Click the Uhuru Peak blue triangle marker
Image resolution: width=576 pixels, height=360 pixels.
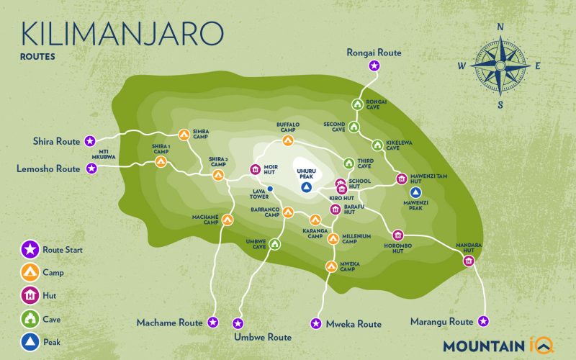tap(306, 187)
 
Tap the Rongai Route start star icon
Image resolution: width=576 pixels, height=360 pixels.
tap(374, 66)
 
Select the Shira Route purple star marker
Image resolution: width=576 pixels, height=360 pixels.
tap(89, 141)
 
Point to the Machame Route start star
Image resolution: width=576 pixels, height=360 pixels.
tap(212, 323)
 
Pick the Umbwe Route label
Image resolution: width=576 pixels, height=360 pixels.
tap(262, 337)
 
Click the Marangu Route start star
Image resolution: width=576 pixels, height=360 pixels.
tap(484, 321)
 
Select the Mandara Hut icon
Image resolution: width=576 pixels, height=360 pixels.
tap(469, 260)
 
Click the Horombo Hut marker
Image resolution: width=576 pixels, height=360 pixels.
tap(397, 235)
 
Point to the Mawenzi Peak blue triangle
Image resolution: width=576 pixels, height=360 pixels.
tap(415, 192)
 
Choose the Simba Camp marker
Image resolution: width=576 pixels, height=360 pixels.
tap(184, 135)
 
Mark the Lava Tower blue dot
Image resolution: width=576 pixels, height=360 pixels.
tap(270, 189)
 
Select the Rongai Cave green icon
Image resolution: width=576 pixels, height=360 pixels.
tap(356, 104)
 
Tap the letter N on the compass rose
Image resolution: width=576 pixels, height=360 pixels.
tap(500, 27)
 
